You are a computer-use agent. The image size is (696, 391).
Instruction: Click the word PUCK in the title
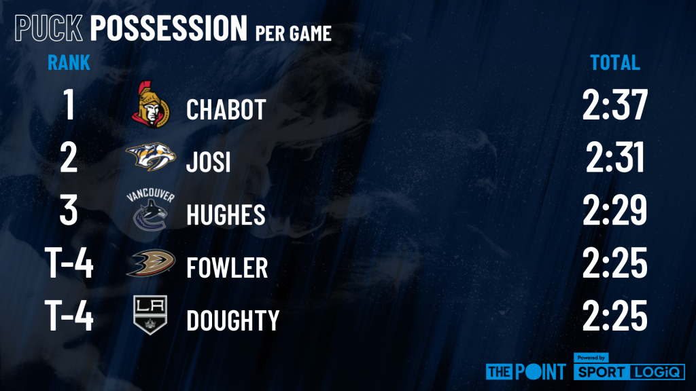(x=48, y=27)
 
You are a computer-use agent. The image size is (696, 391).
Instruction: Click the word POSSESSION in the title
(x=169, y=27)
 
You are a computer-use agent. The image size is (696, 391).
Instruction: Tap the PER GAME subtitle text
(x=294, y=33)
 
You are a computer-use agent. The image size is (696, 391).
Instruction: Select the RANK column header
(x=69, y=62)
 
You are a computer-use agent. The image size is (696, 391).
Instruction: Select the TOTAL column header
(x=614, y=62)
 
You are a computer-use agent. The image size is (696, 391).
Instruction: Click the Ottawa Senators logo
(x=150, y=105)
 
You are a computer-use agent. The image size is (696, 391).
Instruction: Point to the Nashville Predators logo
(x=150, y=157)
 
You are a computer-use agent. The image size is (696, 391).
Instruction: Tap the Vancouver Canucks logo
(x=150, y=209)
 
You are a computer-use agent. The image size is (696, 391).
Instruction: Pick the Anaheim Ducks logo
(x=150, y=263)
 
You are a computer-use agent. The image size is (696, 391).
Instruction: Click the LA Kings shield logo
(x=150, y=315)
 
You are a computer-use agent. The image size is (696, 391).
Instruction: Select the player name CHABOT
(x=226, y=109)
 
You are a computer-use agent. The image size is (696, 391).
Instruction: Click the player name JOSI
(x=208, y=162)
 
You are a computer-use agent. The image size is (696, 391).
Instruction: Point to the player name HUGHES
(x=226, y=215)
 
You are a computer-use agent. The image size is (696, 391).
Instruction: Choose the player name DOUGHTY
(x=233, y=320)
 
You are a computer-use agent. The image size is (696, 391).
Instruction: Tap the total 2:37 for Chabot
(x=614, y=105)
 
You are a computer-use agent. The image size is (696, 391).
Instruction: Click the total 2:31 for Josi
(x=614, y=157)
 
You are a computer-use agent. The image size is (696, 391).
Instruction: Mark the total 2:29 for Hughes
(x=614, y=210)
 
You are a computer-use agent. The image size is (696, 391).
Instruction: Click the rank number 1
(x=69, y=105)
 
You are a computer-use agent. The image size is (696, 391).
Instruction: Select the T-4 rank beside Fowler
(x=69, y=263)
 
